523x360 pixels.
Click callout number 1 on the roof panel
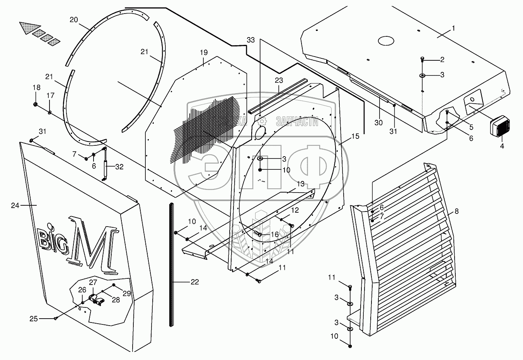coord(453,28)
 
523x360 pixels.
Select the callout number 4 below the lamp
coord(502,147)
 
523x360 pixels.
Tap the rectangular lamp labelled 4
coord(500,128)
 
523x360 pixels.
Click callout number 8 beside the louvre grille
coord(457,211)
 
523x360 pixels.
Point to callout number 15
coord(355,136)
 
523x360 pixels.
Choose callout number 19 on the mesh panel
coord(204,52)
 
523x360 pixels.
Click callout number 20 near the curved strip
coord(73,20)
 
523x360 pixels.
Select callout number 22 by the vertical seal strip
coord(194,282)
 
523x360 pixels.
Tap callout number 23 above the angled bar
coord(279,80)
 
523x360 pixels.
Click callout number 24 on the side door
coord(15,205)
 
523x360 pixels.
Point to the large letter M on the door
coord(92,245)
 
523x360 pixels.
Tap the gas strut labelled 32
coord(104,163)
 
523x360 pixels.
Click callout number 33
coord(251,40)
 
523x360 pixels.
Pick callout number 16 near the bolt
coord(274,234)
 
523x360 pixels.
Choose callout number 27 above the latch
coord(93,282)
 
